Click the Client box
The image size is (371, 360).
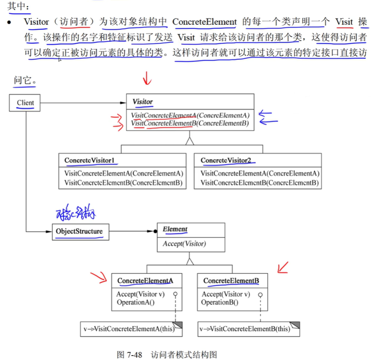click(x=25, y=103)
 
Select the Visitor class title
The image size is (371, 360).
click(x=142, y=102)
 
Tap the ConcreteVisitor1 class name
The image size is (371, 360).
click(x=89, y=160)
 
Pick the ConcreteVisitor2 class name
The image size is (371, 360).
click(x=225, y=160)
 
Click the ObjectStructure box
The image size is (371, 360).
click(x=80, y=232)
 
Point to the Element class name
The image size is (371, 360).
click(x=175, y=229)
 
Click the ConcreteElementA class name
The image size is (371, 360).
click(x=145, y=280)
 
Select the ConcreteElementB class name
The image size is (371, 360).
click(x=230, y=280)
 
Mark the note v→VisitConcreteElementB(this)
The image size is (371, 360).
click(x=245, y=328)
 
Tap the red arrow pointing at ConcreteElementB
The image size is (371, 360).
click(x=282, y=267)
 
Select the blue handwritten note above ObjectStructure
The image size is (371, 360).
click(x=76, y=213)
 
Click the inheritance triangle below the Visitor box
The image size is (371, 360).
click(x=189, y=141)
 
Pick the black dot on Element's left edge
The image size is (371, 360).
click(x=155, y=232)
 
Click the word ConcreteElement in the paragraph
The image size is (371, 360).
click(x=204, y=22)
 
